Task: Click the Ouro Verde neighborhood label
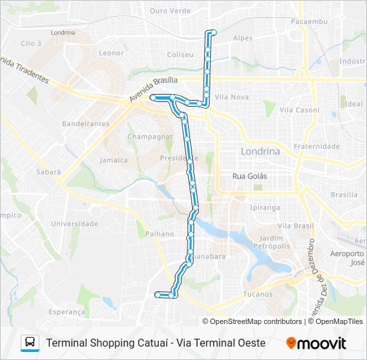[x=170, y=11]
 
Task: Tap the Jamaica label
[x=113, y=160]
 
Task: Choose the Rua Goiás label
[x=249, y=176]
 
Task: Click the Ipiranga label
[x=265, y=207]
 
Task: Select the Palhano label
[x=159, y=234]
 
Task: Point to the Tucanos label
[x=258, y=294]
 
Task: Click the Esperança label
[x=67, y=311]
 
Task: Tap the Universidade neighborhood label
[x=74, y=224]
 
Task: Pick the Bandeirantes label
[x=85, y=124]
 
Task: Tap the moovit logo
[x=316, y=343]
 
